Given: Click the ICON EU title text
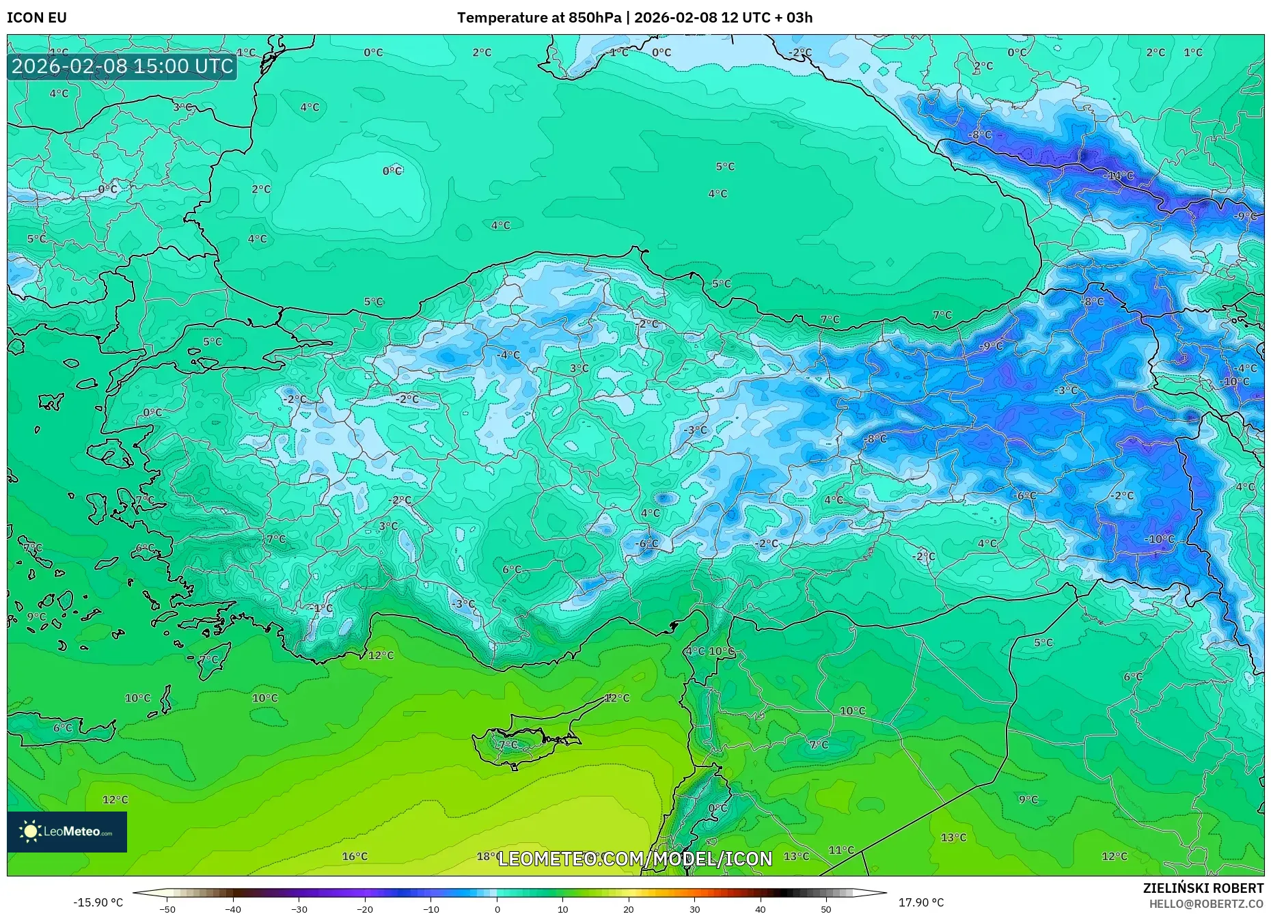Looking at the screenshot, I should tap(37, 18).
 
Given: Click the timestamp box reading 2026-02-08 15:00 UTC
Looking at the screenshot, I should tap(122, 66).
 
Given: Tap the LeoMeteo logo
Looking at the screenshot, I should tap(67, 831).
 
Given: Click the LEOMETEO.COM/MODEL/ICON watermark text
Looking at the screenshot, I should tap(635, 859).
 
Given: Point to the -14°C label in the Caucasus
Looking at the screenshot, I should tap(1118, 176).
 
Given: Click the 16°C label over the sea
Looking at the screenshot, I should tap(355, 856).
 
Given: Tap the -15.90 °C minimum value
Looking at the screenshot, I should tap(98, 902).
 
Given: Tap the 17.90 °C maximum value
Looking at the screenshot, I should tap(920, 902).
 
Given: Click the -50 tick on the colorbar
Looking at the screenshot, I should tap(167, 909).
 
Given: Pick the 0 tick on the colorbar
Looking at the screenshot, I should tap(497, 909).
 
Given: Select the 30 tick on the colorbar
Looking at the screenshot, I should tap(694, 909).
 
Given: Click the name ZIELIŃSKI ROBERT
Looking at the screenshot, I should tap(1203, 888).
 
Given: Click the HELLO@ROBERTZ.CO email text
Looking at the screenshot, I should tap(1205, 904).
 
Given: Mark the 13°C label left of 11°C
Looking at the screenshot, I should tap(796, 856).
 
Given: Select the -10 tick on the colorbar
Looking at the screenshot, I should tap(431, 909).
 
